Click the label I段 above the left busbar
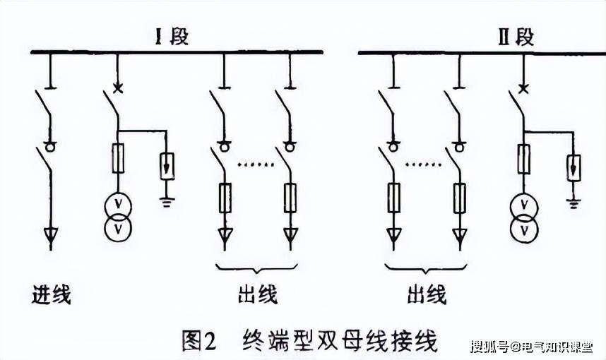click(172, 36)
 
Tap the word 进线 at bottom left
click(52, 294)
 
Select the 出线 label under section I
click(257, 294)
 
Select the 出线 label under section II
click(427, 294)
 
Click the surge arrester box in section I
click(167, 165)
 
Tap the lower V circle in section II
click(523, 230)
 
